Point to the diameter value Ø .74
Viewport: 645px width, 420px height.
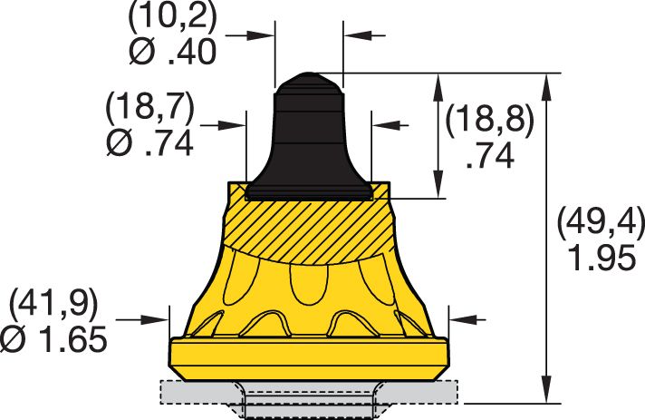point(149,142)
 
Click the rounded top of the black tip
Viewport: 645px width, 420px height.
point(308,84)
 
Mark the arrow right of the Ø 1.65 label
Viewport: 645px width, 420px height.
point(159,318)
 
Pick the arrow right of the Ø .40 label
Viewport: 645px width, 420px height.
point(263,35)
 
